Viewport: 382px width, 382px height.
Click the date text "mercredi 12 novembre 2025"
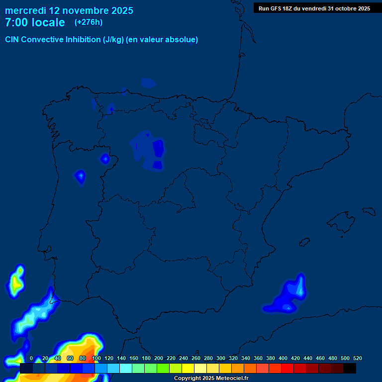(x=69, y=10)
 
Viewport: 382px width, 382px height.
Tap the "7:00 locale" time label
(x=35, y=22)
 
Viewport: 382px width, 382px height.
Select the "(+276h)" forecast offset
(x=89, y=22)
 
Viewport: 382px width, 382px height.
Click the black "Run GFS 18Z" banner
(x=314, y=8)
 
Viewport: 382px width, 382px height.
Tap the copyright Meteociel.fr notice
(x=211, y=378)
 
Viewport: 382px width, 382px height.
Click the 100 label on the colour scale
(x=96, y=358)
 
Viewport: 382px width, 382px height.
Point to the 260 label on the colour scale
(x=196, y=358)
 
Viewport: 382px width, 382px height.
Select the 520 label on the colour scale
(x=357, y=358)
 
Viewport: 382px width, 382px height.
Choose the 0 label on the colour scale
(x=31, y=358)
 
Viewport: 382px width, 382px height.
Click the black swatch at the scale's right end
(x=349, y=368)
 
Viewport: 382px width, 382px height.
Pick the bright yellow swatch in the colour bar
(x=188, y=368)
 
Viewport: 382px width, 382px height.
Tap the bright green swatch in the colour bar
(x=163, y=368)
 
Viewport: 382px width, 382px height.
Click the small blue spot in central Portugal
(x=80, y=176)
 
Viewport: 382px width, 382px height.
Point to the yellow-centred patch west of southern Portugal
(x=16, y=283)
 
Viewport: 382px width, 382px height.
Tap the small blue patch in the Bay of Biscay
(x=148, y=83)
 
